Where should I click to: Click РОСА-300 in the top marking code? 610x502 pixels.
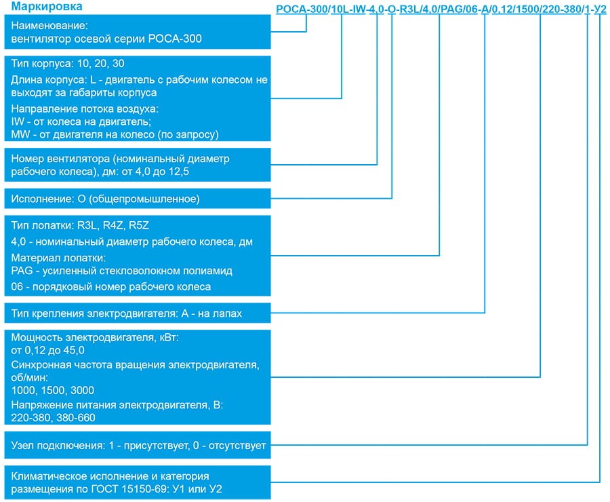(x=301, y=10)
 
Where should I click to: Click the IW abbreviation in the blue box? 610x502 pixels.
(x=19, y=121)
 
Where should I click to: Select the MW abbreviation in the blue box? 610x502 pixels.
(x=20, y=134)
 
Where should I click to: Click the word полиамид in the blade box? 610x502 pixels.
(x=209, y=271)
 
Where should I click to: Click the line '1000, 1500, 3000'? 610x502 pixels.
(x=53, y=390)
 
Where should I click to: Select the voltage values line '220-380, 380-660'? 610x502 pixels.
(x=54, y=418)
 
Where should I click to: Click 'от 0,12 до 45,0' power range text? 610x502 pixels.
(x=48, y=350)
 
